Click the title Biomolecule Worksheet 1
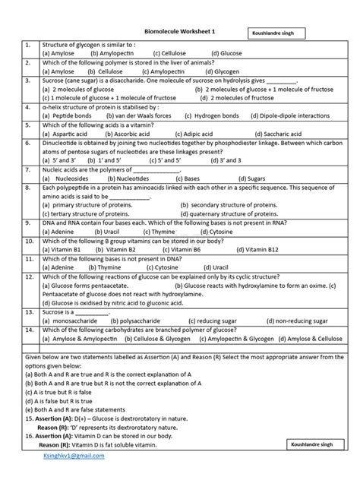[x=181, y=31]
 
